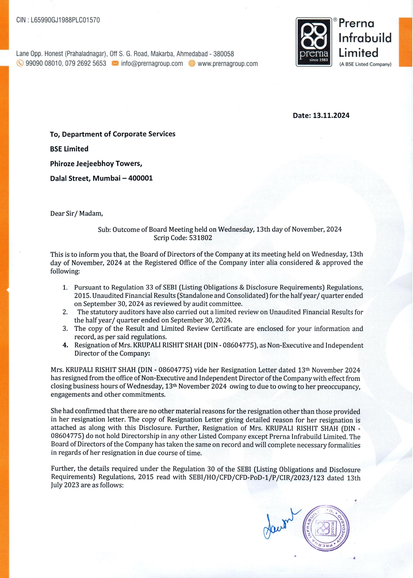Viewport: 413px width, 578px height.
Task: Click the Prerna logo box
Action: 314,42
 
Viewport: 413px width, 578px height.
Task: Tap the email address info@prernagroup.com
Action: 152,63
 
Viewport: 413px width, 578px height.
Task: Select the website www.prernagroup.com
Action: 228,63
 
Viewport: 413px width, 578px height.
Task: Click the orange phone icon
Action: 20,63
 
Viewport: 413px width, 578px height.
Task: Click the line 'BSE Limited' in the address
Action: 69,149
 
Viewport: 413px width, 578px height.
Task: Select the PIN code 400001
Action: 140,178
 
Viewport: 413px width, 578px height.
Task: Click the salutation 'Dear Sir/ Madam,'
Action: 77,213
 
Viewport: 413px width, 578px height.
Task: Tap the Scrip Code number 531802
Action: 201,238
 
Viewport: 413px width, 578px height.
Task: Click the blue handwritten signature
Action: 280,523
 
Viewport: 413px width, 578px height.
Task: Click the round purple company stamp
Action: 326,528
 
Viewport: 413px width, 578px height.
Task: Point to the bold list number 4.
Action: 65,345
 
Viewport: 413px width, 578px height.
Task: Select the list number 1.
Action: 65,287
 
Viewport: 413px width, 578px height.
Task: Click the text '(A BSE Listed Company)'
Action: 365,64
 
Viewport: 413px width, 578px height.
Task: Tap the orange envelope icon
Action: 115,63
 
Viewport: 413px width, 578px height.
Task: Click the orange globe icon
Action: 192,63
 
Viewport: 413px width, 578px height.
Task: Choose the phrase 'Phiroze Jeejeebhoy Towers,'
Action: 96,163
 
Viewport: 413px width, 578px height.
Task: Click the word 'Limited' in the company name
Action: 358,53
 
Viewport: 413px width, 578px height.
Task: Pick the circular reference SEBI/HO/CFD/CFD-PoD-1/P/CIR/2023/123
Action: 256,478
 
